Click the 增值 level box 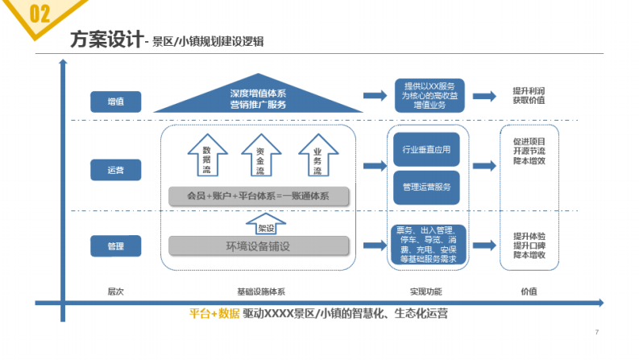tap(117, 101)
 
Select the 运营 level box tap(117, 170)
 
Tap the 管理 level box tap(117, 246)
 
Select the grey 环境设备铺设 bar tap(259, 246)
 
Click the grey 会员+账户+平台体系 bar tap(259, 196)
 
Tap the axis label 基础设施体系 tap(260, 291)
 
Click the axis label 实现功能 tap(426, 291)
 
